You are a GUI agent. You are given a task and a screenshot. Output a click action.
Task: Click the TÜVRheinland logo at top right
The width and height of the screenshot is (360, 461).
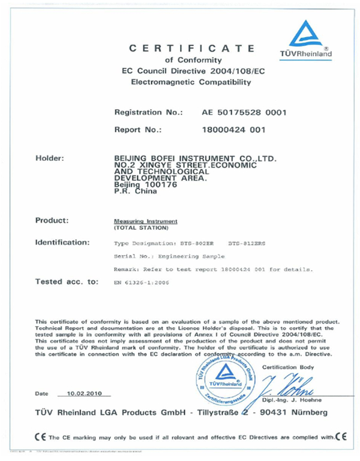305,40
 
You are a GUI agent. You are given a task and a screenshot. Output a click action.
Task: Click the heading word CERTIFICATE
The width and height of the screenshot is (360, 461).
193,48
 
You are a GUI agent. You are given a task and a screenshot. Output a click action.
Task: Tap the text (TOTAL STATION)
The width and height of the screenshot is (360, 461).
139,229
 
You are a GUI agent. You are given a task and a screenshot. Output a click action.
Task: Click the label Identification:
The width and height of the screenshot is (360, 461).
63,243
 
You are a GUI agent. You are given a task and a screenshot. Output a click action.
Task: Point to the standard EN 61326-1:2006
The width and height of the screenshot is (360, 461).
142,281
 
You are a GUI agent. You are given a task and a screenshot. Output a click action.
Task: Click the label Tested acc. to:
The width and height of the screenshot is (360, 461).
67,280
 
